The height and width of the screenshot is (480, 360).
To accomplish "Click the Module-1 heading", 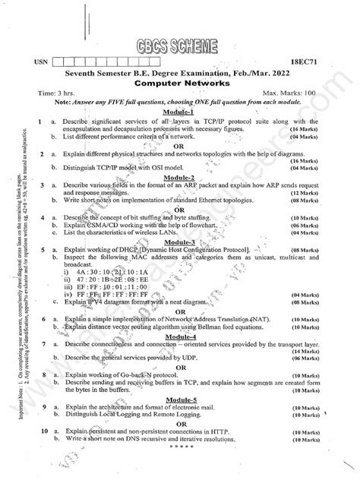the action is click(179, 111).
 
